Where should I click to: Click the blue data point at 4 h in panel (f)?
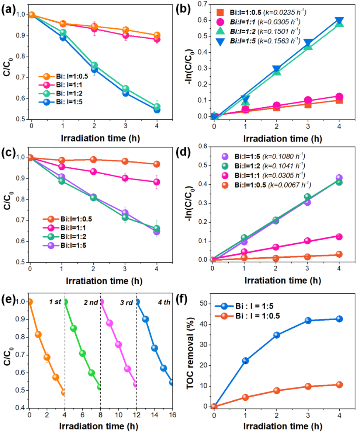[339, 319]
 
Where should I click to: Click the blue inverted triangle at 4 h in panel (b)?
[339, 21]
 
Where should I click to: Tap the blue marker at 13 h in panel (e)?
[145, 319]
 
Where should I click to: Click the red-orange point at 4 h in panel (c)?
[156, 164]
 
